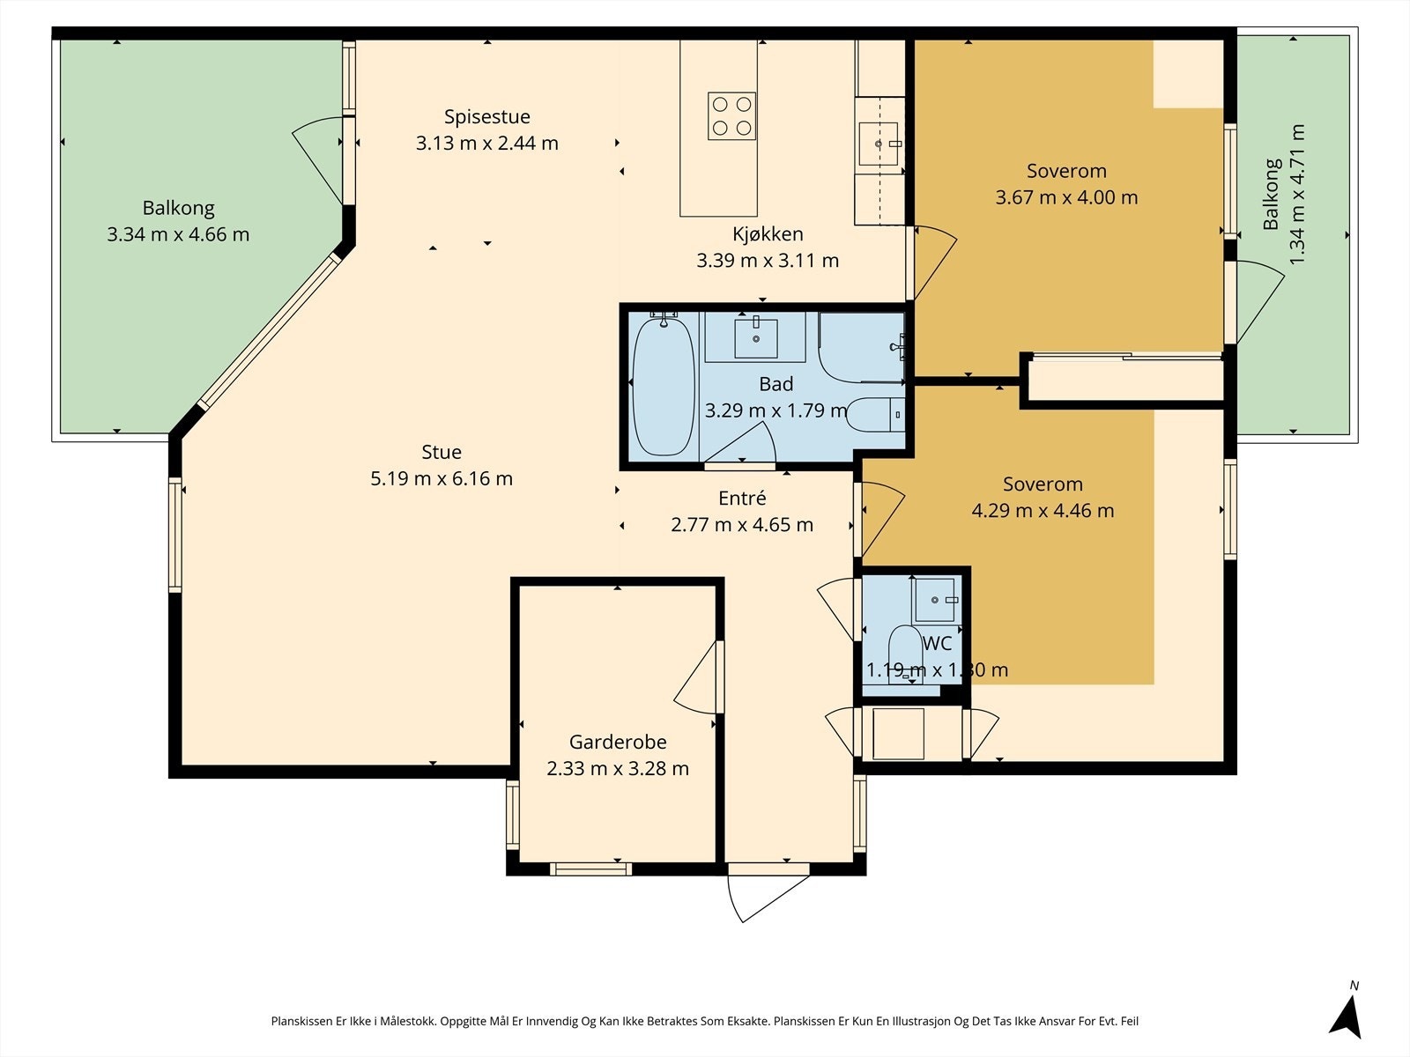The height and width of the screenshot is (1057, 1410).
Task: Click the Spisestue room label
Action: click(487, 117)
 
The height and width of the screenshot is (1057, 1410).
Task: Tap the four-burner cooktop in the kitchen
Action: click(731, 116)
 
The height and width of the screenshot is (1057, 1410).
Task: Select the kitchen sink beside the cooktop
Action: click(879, 144)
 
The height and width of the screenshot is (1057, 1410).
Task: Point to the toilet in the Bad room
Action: click(876, 415)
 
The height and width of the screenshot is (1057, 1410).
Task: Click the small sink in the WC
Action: click(937, 600)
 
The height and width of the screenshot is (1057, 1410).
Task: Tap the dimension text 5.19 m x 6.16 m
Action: click(442, 479)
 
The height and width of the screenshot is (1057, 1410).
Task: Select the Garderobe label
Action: click(618, 742)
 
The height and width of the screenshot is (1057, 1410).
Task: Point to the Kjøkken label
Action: click(768, 234)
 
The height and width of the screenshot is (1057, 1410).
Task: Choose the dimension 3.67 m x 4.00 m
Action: click(1066, 197)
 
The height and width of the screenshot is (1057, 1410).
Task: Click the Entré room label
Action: click(742, 498)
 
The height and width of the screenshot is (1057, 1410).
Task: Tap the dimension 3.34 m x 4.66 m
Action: click(178, 234)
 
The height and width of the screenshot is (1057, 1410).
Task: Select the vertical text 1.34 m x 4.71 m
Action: click(1297, 195)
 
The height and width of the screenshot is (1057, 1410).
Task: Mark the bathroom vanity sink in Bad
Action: click(756, 337)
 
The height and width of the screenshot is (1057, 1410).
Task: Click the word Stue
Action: click(442, 453)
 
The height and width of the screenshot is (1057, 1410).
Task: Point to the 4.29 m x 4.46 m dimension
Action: click(1043, 511)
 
